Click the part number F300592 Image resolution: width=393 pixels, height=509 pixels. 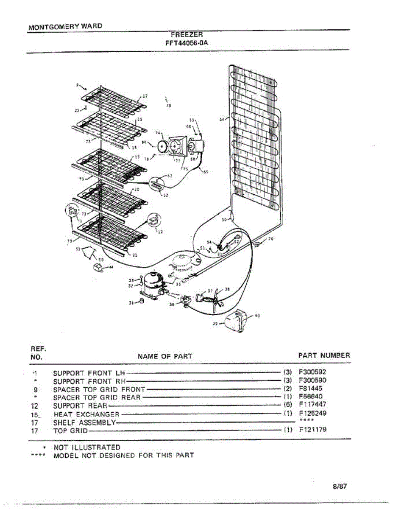(x=312, y=372)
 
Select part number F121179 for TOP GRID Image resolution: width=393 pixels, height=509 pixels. (x=312, y=430)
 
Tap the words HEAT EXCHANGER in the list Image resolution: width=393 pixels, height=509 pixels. (x=86, y=414)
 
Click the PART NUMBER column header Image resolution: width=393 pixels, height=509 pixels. (x=324, y=355)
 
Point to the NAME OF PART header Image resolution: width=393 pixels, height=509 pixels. (x=165, y=356)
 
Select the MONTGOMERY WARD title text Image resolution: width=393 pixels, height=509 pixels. (x=65, y=26)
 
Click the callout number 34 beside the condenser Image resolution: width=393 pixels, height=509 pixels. (x=221, y=120)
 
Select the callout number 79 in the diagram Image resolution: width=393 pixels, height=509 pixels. (x=168, y=106)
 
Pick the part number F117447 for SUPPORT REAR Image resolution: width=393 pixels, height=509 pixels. (x=312, y=405)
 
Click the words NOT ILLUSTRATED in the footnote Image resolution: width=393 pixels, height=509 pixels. (x=86, y=447)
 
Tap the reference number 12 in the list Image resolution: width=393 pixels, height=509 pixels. (x=35, y=405)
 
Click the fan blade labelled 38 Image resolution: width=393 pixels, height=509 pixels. (x=217, y=299)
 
